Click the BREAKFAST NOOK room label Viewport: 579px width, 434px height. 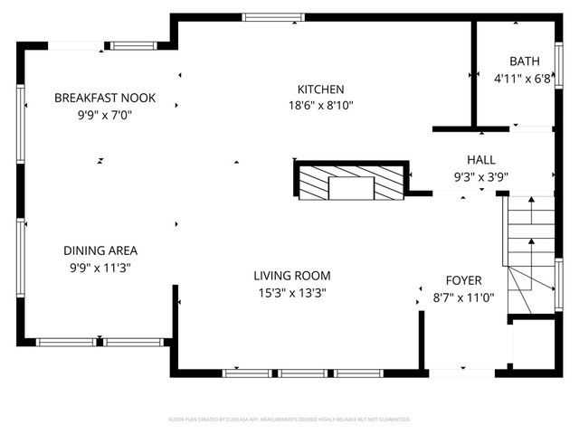pyautogui.click(x=105, y=98)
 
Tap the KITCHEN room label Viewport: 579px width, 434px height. pyautogui.click(x=321, y=90)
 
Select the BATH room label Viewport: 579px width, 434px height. pyautogui.click(x=524, y=61)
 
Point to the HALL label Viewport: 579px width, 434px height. pyautogui.click(x=480, y=160)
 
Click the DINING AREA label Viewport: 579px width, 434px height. pyautogui.click(x=100, y=250)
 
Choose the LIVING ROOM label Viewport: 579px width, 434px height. pyautogui.click(x=291, y=276)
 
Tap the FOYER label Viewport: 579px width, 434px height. pyautogui.click(x=463, y=280)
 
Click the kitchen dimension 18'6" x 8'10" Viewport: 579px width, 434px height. pyautogui.click(x=321, y=105)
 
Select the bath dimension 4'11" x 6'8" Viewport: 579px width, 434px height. pyautogui.click(x=522, y=79)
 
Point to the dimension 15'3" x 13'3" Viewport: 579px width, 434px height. pyautogui.click(x=291, y=292)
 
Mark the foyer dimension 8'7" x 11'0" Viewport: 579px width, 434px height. pyautogui.click(x=463, y=297)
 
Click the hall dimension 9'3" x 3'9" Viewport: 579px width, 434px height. pyautogui.click(x=480, y=177)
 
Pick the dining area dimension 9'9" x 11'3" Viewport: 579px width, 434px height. pyautogui.click(x=100, y=267)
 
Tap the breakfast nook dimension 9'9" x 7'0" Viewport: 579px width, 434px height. pyautogui.click(x=105, y=114)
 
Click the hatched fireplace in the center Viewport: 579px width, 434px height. pyautogui.click(x=351, y=184)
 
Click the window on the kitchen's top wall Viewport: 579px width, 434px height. pyautogui.click(x=273, y=16)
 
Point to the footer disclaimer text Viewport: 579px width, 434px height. pyautogui.click(x=289, y=420)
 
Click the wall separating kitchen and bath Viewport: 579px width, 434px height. pyautogui.click(x=473, y=72)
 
